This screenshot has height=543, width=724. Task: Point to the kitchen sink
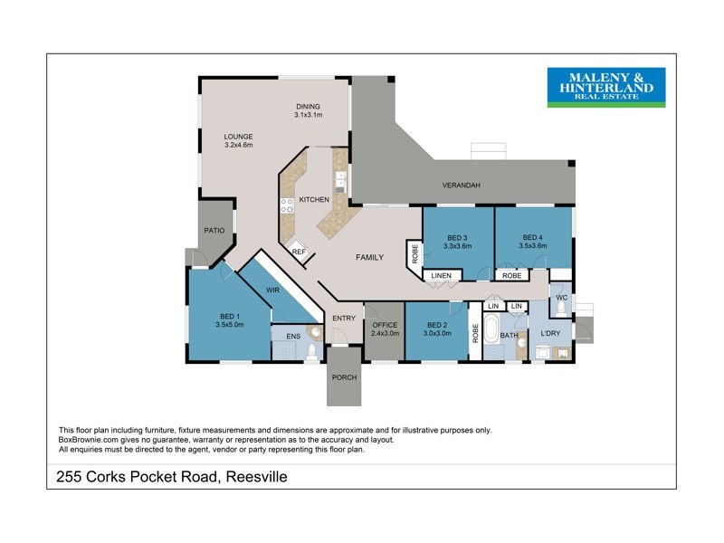point(339,186)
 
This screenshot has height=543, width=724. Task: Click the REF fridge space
point(299,252)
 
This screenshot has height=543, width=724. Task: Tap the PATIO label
point(214,231)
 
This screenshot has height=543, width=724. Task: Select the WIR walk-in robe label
point(271,291)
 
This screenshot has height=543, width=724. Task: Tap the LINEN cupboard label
point(441,275)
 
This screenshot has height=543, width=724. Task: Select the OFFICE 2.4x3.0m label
point(385,329)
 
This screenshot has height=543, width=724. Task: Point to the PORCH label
point(345,378)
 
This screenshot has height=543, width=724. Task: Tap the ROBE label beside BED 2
point(473,331)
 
